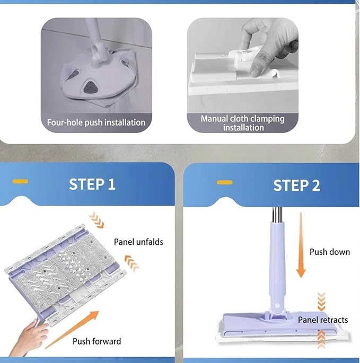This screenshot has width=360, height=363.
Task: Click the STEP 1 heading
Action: (92, 184)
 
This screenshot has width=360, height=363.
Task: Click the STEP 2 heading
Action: (296, 185)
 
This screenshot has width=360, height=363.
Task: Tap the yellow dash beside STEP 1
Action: (20, 181)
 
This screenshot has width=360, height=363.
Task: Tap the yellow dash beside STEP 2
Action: (224, 182)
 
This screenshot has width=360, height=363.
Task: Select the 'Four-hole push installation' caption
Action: (96, 122)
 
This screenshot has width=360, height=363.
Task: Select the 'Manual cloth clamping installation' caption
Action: (242, 123)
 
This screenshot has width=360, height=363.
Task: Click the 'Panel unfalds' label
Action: (138, 242)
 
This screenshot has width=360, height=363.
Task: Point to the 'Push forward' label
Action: (97, 341)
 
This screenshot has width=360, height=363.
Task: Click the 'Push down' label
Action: (330, 252)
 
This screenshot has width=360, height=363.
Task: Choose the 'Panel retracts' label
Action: (323, 320)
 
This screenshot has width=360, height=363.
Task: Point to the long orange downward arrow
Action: (301, 245)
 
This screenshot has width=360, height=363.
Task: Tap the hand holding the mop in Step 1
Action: (28, 338)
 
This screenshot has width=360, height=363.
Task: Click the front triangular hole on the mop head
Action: (90, 87)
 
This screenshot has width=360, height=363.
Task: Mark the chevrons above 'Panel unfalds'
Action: (96, 220)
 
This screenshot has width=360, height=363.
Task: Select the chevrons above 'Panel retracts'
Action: (321, 302)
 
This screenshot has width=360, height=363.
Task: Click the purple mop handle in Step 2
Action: (277, 266)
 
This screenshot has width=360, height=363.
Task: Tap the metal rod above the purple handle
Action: (277, 215)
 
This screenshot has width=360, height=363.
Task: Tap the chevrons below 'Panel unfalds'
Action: (131, 263)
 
